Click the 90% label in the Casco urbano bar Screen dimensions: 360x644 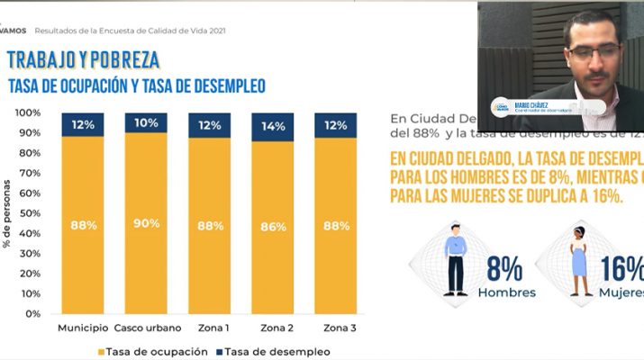[x=146, y=223]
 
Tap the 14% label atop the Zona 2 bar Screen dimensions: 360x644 [x=273, y=126]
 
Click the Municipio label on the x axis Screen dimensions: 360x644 [x=83, y=328]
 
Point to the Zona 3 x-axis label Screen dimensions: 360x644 [x=336, y=328]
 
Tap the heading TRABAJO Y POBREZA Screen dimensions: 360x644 [x=83, y=60]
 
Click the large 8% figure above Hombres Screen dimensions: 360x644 [x=505, y=268]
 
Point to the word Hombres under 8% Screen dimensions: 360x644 [x=507, y=292]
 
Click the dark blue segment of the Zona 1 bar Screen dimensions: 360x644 [x=210, y=125]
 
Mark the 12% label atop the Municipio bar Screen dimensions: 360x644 [x=84, y=124]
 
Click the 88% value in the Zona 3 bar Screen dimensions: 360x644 [x=336, y=226]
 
